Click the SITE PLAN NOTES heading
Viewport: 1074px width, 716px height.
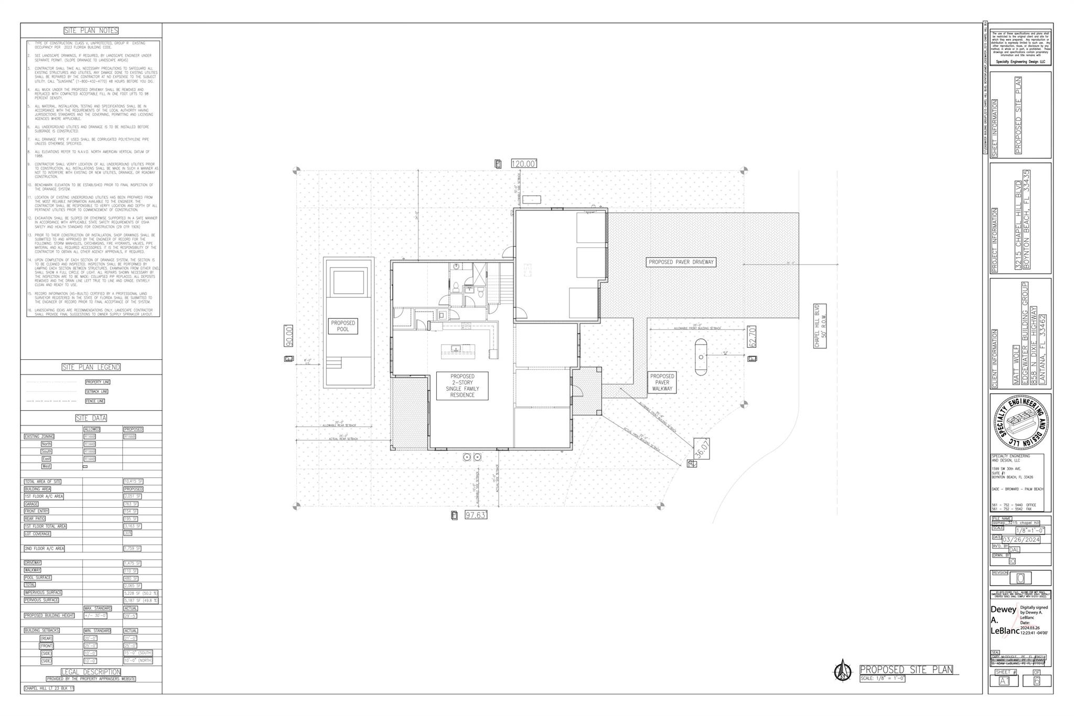coord(91,31)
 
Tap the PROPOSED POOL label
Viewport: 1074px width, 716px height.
coord(343,326)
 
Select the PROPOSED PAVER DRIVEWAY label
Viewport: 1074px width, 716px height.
coord(681,262)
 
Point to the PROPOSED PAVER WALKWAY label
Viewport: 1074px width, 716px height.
coord(662,382)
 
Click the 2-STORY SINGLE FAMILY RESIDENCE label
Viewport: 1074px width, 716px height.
coord(462,386)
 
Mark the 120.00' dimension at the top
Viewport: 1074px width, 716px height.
coord(524,164)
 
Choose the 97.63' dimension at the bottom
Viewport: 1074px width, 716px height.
coord(476,515)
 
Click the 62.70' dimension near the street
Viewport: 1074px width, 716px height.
coord(752,336)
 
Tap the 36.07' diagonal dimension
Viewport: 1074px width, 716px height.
coord(702,449)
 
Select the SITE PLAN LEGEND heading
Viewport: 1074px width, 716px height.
coord(91,367)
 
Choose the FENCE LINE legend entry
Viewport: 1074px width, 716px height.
coord(95,401)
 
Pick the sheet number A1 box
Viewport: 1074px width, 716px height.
coord(1004,681)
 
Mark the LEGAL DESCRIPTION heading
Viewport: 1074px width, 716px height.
coord(91,672)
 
